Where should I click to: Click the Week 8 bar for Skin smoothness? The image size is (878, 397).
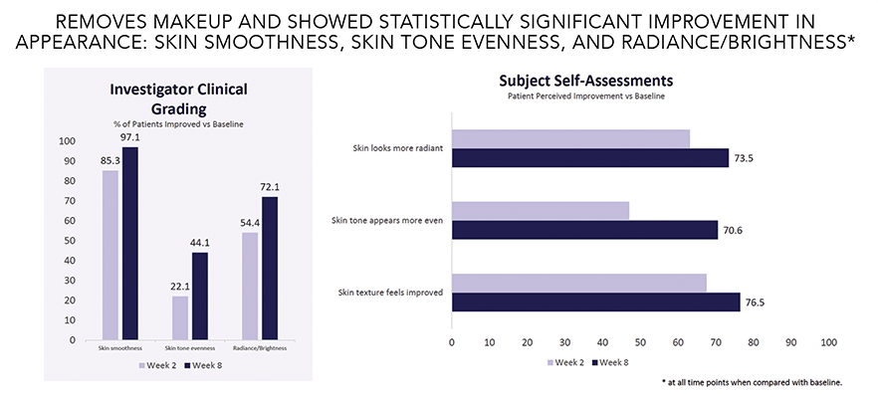click(x=129, y=244)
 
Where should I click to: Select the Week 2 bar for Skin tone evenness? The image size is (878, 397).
click(x=180, y=317)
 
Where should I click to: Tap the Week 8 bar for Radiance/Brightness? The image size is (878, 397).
click(x=269, y=269)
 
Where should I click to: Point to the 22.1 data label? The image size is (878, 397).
click(x=179, y=287)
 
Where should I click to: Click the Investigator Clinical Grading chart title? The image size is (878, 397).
click(x=179, y=99)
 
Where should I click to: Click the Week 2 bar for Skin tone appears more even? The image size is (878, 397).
click(x=541, y=211)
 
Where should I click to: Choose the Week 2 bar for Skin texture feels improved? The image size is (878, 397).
click(x=578, y=284)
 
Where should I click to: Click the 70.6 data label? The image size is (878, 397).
click(x=736, y=230)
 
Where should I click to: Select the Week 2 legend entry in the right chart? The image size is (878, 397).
click(x=566, y=363)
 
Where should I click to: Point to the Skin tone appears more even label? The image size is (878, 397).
click(x=388, y=220)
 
